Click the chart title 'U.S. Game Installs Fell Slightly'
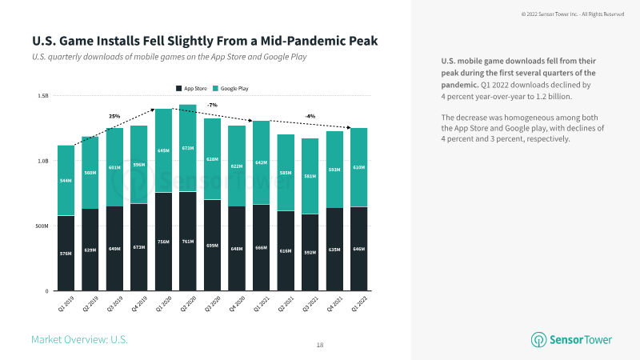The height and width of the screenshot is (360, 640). tap(204, 40)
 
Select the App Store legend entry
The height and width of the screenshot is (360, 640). tap(193, 87)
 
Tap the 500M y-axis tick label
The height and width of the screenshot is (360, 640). tap(42, 226)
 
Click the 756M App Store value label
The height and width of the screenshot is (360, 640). tap(164, 244)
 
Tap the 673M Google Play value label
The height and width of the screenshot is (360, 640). tap(188, 147)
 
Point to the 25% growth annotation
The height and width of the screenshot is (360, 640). tap(114, 116)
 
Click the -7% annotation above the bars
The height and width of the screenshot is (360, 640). tap(212, 105)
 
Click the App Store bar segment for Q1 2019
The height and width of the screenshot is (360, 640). tap(66, 253)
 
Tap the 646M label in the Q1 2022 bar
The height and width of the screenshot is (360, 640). tap(358, 249)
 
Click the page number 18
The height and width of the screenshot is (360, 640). tap(320, 345)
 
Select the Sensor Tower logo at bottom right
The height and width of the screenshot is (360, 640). tap(572, 339)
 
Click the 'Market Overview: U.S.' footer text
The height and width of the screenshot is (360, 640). tap(79, 340)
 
